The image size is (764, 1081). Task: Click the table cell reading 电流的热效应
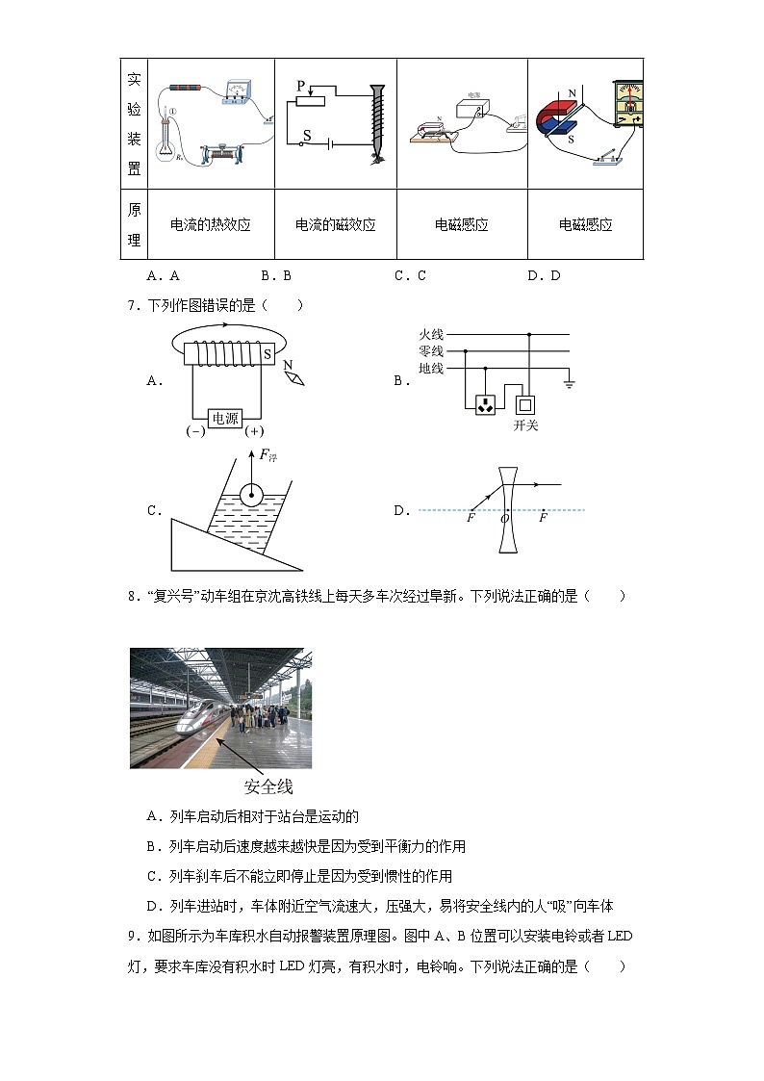(x=210, y=224)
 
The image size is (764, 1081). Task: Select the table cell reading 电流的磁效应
(x=335, y=224)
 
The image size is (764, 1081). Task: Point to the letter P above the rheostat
(x=300, y=86)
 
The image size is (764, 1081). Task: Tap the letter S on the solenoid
(x=267, y=354)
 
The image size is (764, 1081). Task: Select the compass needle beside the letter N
(x=294, y=378)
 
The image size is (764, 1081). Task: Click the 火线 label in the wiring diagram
(x=430, y=335)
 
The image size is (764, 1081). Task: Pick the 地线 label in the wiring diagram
(x=430, y=369)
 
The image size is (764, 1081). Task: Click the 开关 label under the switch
(x=526, y=425)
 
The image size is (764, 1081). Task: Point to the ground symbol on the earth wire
(x=569, y=384)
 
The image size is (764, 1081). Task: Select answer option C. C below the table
(x=409, y=275)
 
